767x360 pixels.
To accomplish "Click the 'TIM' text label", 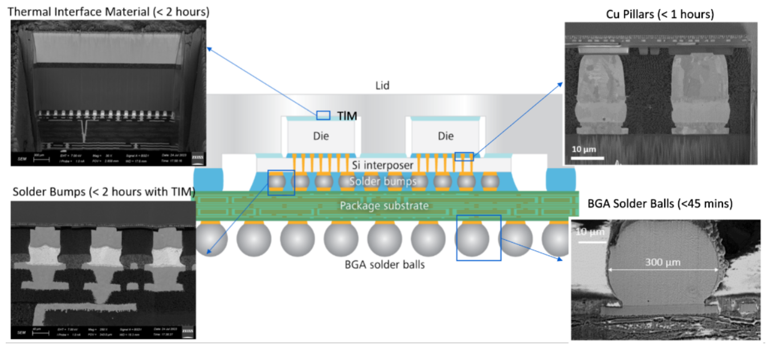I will click(346, 116).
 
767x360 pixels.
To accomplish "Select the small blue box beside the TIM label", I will click(323, 115).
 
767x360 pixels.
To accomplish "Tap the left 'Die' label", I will click(321, 136).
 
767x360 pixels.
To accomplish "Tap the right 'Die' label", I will click(446, 136).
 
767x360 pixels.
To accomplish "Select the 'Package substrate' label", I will click(383, 205).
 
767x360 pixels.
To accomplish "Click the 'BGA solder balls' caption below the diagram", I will click(385, 264).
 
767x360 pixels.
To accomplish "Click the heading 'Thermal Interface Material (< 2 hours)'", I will click(108, 11).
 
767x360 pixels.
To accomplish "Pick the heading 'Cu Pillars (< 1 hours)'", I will click(660, 14).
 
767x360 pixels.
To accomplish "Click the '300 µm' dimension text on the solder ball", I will click(663, 263).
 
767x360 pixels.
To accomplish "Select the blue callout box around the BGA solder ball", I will click(479, 238).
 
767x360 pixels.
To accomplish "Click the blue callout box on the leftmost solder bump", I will click(281, 182).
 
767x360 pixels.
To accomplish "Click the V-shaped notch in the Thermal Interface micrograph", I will click(84, 130).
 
